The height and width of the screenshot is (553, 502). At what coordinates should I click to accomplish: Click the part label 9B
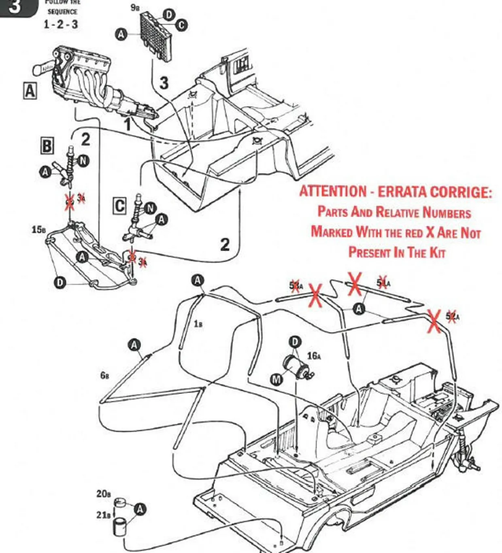click(135, 7)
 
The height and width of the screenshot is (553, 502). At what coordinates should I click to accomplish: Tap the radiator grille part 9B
click(156, 37)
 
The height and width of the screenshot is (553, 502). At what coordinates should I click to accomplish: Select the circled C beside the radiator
click(181, 25)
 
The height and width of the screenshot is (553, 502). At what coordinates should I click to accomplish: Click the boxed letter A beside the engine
click(30, 91)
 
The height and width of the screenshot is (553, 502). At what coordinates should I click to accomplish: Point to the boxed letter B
click(47, 145)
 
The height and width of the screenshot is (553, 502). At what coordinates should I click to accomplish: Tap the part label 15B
click(38, 230)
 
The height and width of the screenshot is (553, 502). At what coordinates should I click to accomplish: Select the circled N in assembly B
click(83, 161)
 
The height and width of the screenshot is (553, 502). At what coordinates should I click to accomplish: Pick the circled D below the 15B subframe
click(60, 282)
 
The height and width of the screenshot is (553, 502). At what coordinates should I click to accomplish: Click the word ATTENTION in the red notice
click(333, 191)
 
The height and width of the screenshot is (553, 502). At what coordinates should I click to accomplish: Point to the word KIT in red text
click(437, 253)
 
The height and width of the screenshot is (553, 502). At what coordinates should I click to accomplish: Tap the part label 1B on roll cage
click(198, 324)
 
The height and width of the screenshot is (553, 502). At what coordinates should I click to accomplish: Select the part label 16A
click(314, 356)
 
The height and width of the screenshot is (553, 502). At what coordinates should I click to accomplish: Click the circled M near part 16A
click(277, 379)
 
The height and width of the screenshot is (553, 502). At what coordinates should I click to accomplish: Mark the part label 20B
click(103, 494)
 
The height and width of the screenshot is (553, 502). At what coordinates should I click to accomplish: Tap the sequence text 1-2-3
click(61, 24)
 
